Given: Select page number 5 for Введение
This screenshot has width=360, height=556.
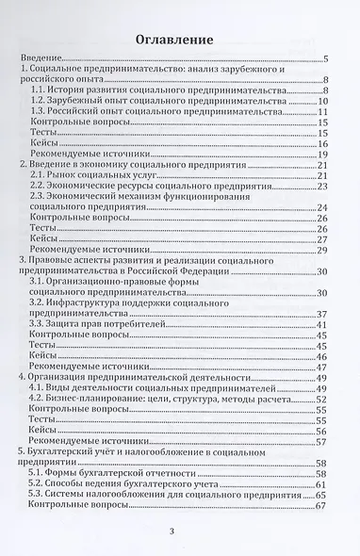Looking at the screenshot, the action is pos(324,59).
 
